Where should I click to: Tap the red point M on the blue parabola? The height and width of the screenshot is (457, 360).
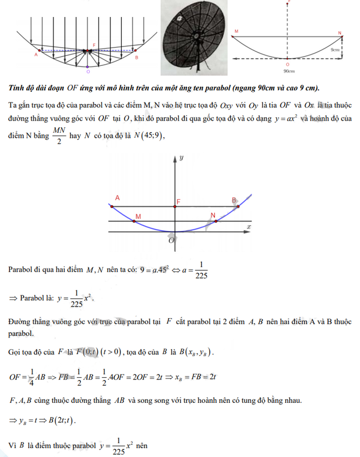[x=135, y=222]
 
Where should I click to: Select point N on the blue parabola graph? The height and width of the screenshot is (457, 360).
[x=216, y=221]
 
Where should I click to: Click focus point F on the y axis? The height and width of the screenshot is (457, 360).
[x=176, y=206]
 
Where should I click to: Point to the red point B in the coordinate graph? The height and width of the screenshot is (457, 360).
[x=238, y=206]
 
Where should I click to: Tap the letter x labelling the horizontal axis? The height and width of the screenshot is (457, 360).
[x=250, y=227]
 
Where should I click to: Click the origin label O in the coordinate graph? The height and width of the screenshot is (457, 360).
[x=171, y=240]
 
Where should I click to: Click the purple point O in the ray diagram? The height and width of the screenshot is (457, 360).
[x=88, y=70]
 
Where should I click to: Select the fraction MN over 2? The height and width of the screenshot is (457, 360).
[x=58, y=134]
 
